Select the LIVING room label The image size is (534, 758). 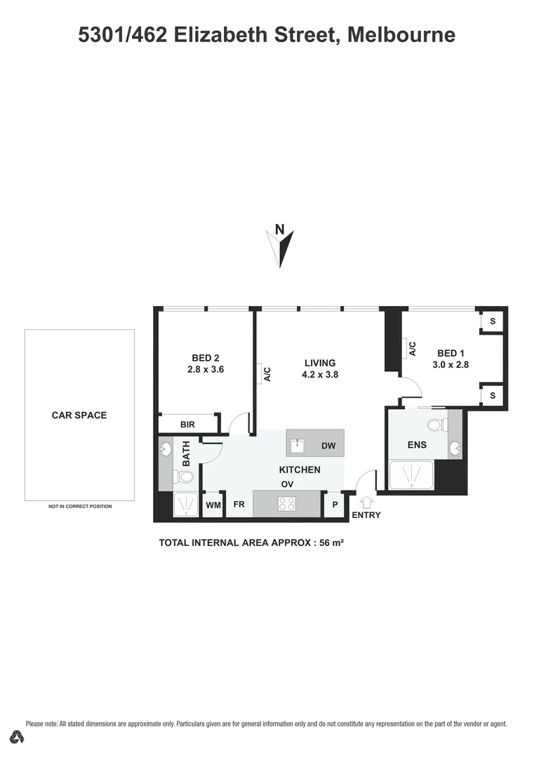point(320,363)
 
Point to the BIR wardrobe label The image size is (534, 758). point(187,425)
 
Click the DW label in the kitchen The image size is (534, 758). point(328,446)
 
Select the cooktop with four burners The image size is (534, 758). point(287,503)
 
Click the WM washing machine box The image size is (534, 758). point(213,505)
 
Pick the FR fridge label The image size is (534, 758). point(239,504)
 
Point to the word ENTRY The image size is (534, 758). point(366,515)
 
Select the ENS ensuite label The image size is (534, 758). point(417,445)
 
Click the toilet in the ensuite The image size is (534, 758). point(436,424)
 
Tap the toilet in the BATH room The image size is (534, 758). point(185,478)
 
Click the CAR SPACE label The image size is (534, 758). point(79,415)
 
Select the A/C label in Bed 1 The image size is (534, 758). point(413,349)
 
